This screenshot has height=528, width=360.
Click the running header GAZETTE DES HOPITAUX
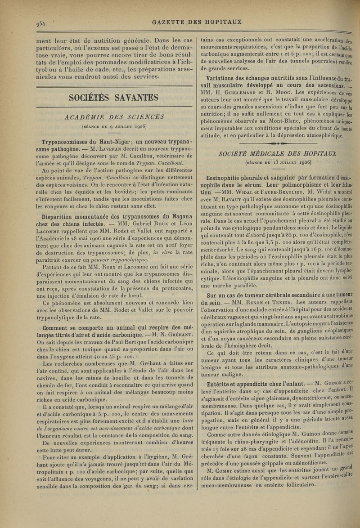click(197, 21)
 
